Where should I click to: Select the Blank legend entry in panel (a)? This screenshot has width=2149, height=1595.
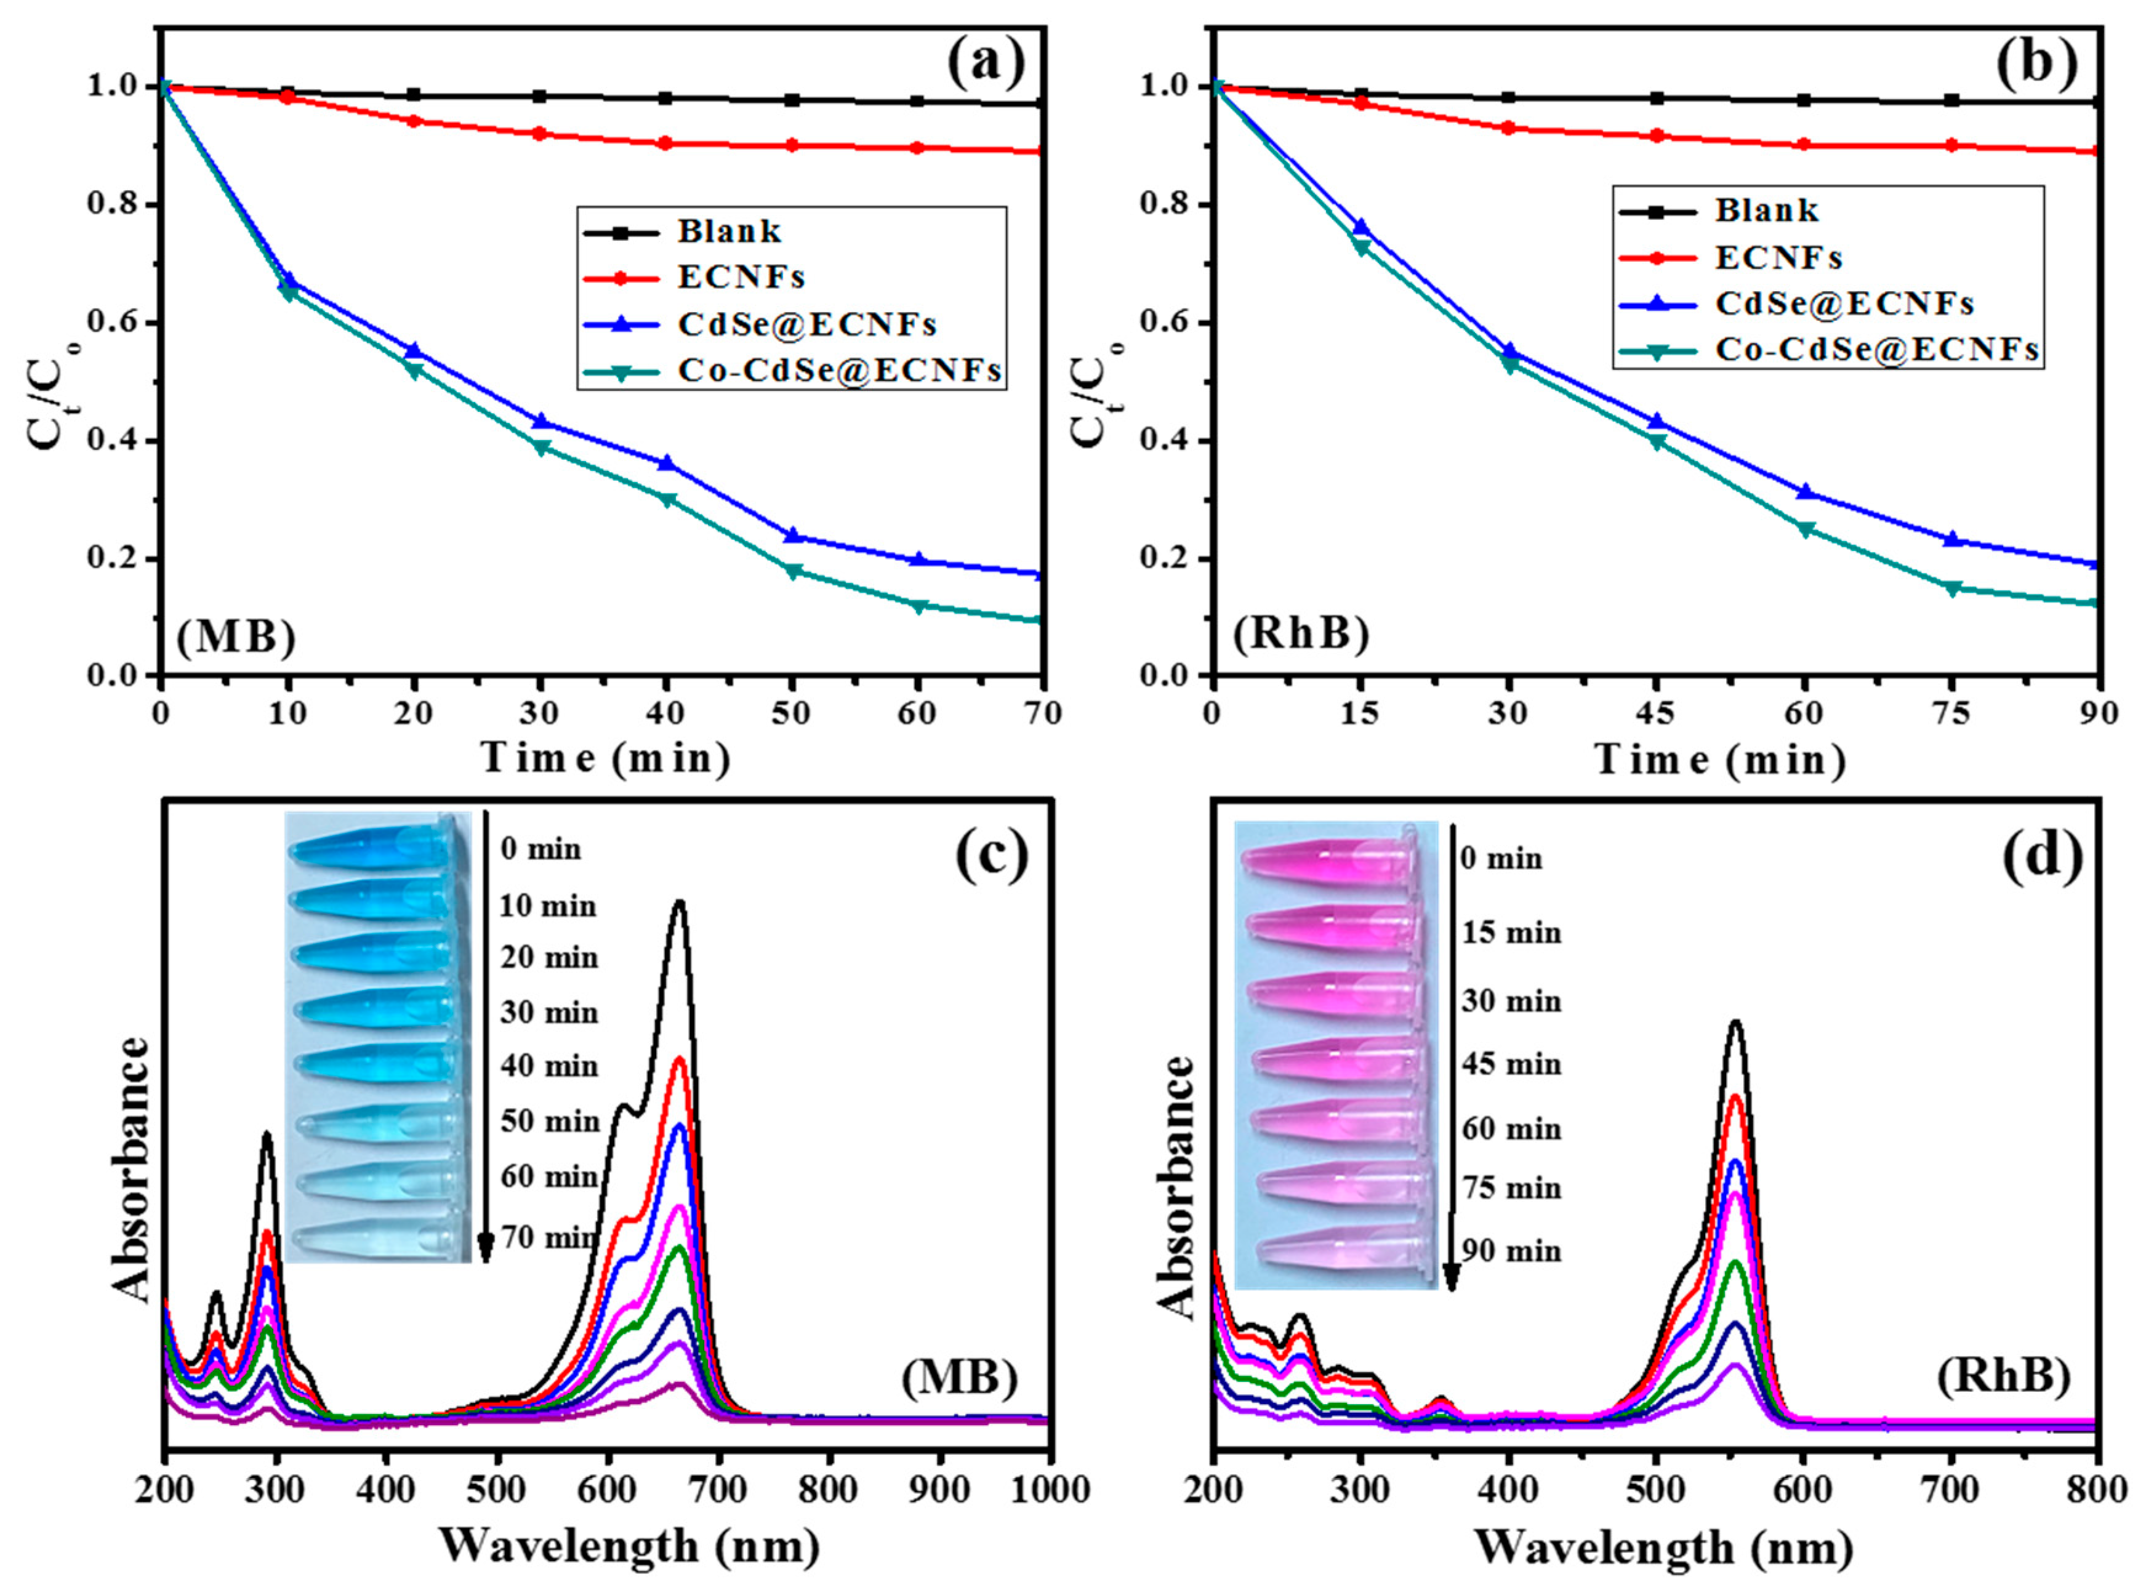pos(729,231)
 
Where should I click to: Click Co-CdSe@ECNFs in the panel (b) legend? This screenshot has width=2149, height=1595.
pos(1876,350)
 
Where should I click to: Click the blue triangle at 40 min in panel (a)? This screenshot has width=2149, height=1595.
pos(666,464)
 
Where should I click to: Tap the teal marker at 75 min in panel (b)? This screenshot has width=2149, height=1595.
pos(1951,588)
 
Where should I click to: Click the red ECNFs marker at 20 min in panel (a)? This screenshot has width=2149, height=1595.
pos(414,122)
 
